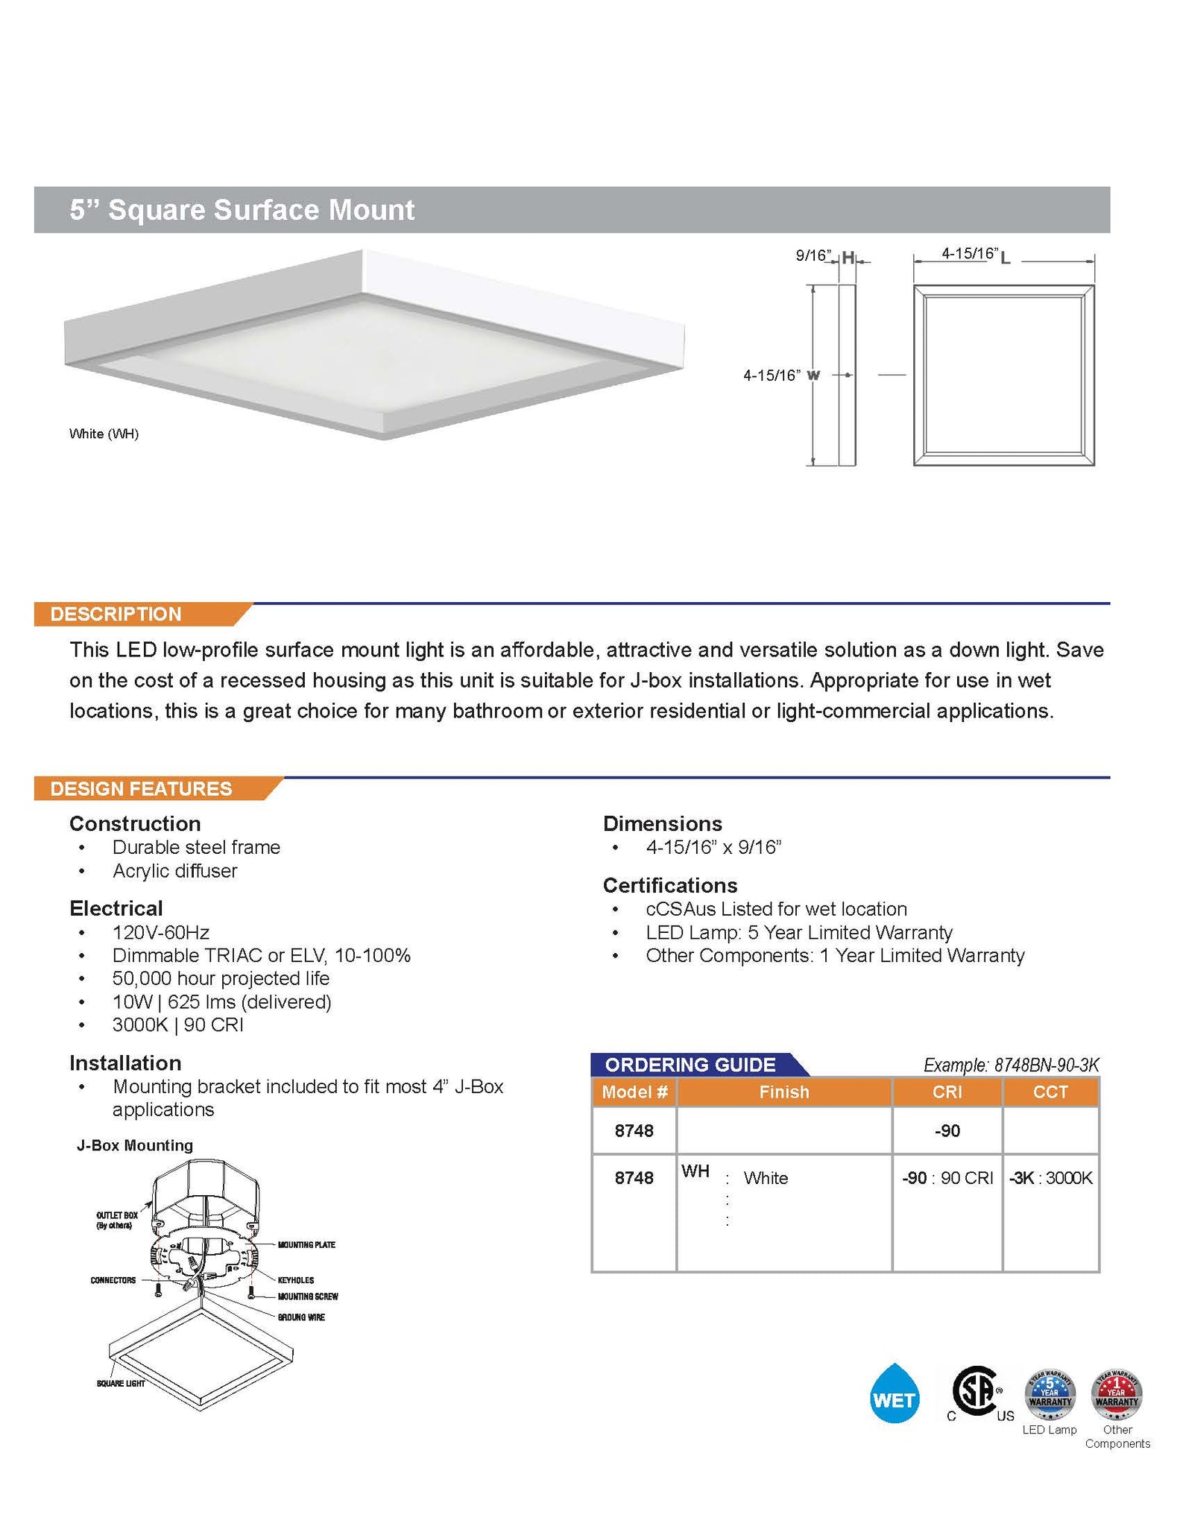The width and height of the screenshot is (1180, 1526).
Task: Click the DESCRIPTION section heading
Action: (x=116, y=614)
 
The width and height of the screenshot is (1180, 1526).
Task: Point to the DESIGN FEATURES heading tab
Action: (x=141, y=788)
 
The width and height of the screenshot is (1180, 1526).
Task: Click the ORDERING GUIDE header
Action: (x=690, y=1065)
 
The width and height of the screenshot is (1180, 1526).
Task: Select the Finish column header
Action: (x=783, y=1092)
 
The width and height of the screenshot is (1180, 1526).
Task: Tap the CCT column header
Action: (x=1050, y=1092)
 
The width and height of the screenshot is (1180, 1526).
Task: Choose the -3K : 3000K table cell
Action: (x=1050, y=1178)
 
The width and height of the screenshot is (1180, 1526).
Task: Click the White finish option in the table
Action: (x=766, y=1178)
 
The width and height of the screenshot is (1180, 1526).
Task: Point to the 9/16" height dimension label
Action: (x=813, y=256)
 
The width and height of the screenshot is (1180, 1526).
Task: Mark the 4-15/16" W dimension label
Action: (x=780, y=376)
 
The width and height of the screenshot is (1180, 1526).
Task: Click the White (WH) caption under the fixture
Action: (x=104, y=434)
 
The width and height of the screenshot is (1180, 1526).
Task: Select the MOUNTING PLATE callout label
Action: (x=306, y=1245)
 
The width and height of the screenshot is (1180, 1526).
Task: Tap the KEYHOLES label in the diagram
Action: (x=296, y=1280)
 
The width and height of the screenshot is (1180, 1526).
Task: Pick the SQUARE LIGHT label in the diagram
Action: (x=121, y=1384)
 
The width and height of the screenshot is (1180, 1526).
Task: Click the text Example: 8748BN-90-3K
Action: (x=1011, y=1065)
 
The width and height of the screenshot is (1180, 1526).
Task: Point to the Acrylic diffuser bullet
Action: (x=174, y=871)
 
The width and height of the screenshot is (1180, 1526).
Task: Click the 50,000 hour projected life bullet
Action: (x=221, y=978)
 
